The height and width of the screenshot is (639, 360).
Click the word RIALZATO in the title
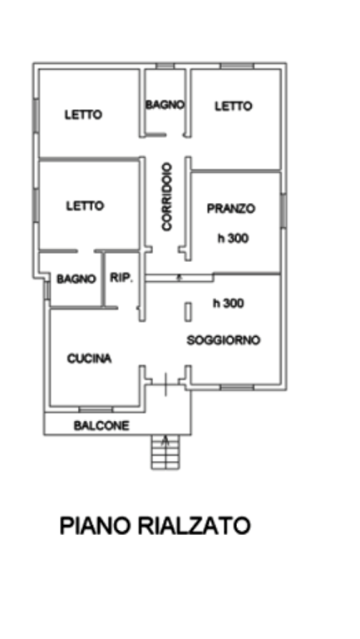point(194,526)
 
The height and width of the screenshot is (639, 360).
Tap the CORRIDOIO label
point(167,197)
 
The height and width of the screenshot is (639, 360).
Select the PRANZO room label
point(231,209)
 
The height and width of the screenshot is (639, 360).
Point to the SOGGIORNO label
point(223,339)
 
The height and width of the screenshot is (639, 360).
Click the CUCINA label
point(89,359)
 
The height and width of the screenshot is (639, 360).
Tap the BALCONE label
point(101,425)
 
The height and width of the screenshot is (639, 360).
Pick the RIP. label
point(121,278)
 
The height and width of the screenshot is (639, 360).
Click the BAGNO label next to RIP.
point(76,280)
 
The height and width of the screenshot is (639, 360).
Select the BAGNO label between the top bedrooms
point(165,105)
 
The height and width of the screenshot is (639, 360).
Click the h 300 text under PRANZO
point(233,238)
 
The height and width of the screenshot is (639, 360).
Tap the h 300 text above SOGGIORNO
point(229,303)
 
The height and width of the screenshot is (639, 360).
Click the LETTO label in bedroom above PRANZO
point(234,106)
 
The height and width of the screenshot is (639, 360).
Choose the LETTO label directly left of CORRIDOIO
point(85,206)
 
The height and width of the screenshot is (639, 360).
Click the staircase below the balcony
point(165,452)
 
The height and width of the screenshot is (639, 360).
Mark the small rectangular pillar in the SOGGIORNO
point(188,312)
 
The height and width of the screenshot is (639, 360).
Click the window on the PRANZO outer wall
point(284,211)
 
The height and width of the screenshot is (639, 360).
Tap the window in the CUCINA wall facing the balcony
point(96,409)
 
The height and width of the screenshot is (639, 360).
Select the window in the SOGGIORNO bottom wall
point(237,387)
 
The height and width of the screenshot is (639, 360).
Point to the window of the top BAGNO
point(165,66)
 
